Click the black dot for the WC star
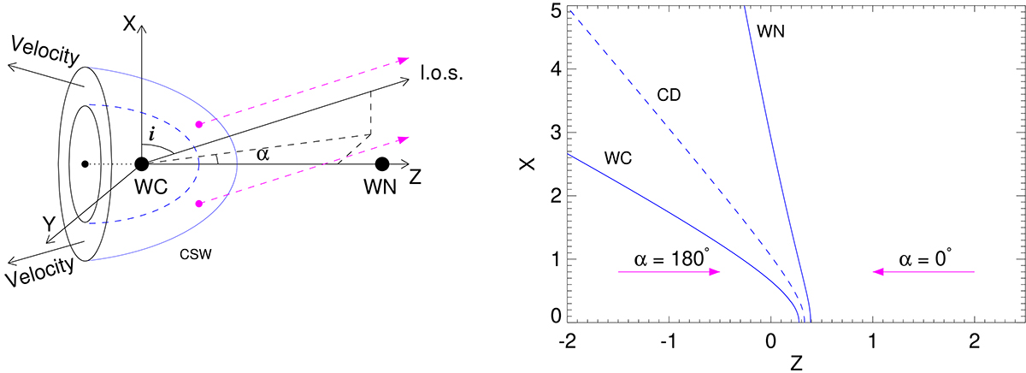click(143, 163)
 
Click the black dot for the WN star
click(382, 163)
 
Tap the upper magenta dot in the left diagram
click(199, 124)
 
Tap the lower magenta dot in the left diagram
click(199, 203)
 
